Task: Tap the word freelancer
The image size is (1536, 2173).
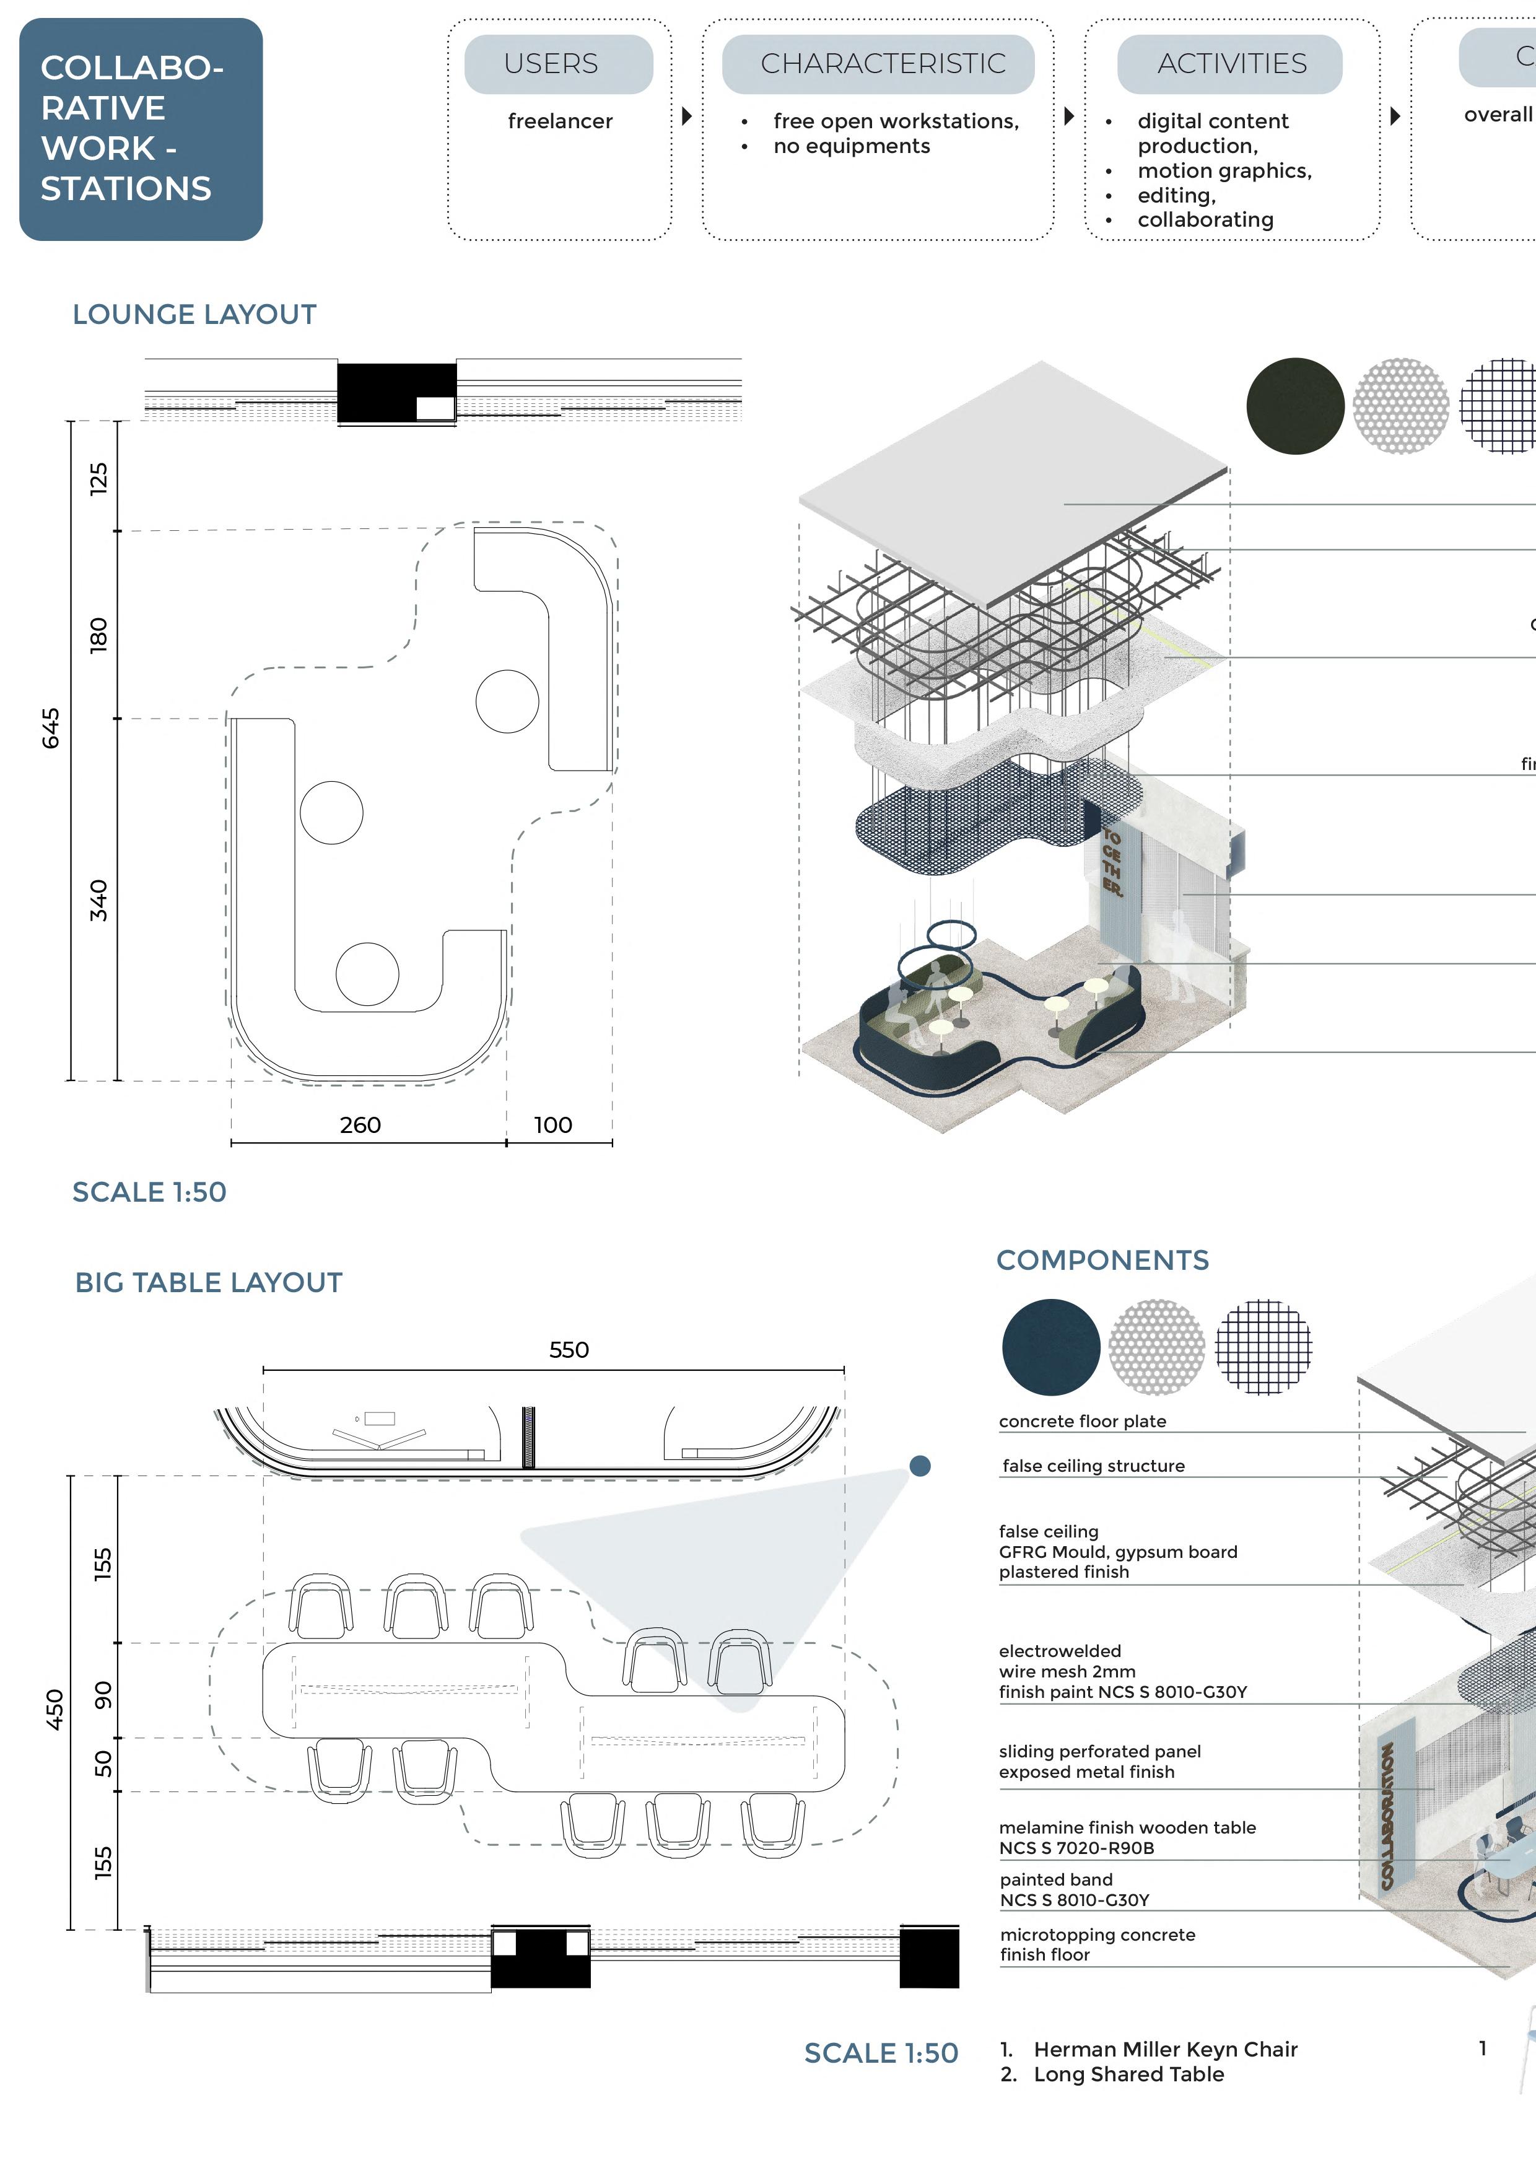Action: (x=561, y=121)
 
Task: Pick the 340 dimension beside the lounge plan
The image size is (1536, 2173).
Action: (x=98, y=900)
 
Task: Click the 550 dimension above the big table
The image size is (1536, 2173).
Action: (x=569, y=1350)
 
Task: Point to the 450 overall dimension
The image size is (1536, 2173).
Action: (x=55, y=1709)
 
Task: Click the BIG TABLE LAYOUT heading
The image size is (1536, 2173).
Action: (x=208, y=1282)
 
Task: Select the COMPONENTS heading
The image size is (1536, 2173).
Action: (x=1102, y=1260)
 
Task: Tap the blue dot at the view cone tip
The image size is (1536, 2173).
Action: (x=920, y=1466)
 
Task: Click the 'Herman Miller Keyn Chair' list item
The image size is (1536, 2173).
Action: (x=1165, y=2049)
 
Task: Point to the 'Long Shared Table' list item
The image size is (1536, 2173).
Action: (x=1128, y=2074)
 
